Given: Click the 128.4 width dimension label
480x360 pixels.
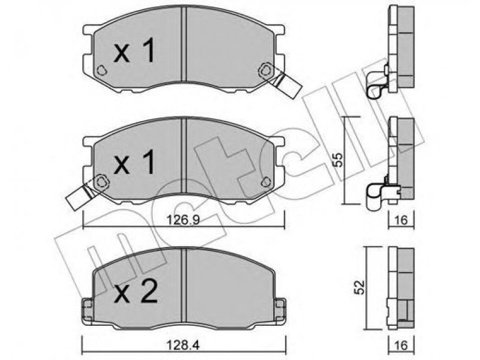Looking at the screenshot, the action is [x=183, y=346].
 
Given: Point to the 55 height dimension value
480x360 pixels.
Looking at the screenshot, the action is [x=338, y=160].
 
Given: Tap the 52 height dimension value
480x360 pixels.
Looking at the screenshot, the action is [x=360, y=287].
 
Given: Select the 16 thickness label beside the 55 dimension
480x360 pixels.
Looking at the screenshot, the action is [x=401, y=220].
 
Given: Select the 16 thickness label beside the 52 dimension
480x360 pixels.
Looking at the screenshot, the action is [x=401, y=346].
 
